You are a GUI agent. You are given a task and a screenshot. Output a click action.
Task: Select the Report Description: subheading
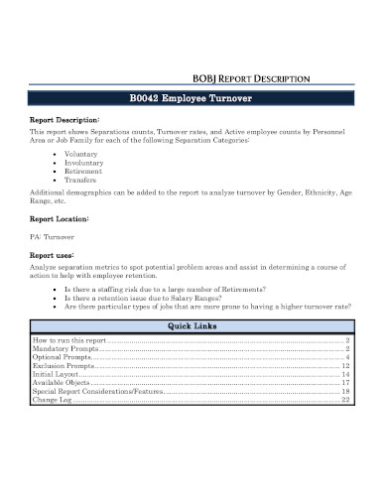[64, 119]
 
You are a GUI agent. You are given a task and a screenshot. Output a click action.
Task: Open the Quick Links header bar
[193, 328]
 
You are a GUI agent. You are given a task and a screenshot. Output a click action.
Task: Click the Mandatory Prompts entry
[66, 349]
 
